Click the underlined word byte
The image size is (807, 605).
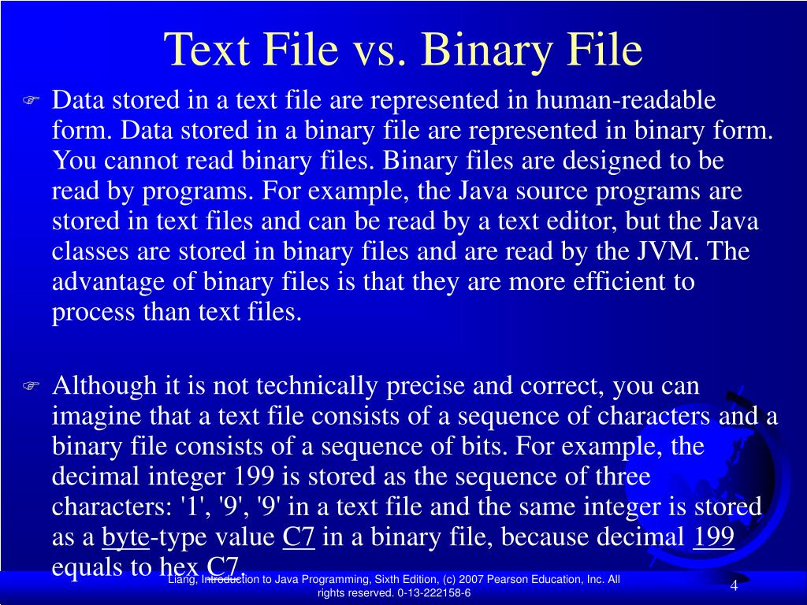point(126,538)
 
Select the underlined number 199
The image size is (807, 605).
point(713,538)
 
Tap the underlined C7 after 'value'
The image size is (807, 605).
point(299,538)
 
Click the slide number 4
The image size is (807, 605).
point(734,587)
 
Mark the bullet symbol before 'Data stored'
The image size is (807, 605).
point(31,101)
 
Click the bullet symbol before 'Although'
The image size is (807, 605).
point(31,386)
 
